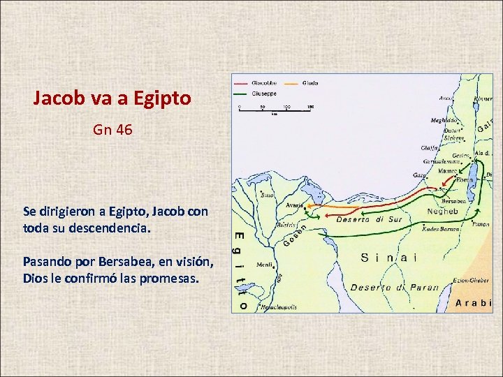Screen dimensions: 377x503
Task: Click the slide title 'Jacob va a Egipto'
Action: pos(112,98)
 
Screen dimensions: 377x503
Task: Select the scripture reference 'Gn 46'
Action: pos(112,130)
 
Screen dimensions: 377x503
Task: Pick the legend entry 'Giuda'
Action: pos(311,82)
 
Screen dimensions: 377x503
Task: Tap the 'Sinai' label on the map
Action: pos(389,258)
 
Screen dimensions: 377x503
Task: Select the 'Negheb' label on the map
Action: pos(442,211)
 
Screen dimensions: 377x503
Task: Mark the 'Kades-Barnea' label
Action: pos(440,228)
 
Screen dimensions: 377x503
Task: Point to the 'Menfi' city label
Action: pos(264,265)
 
